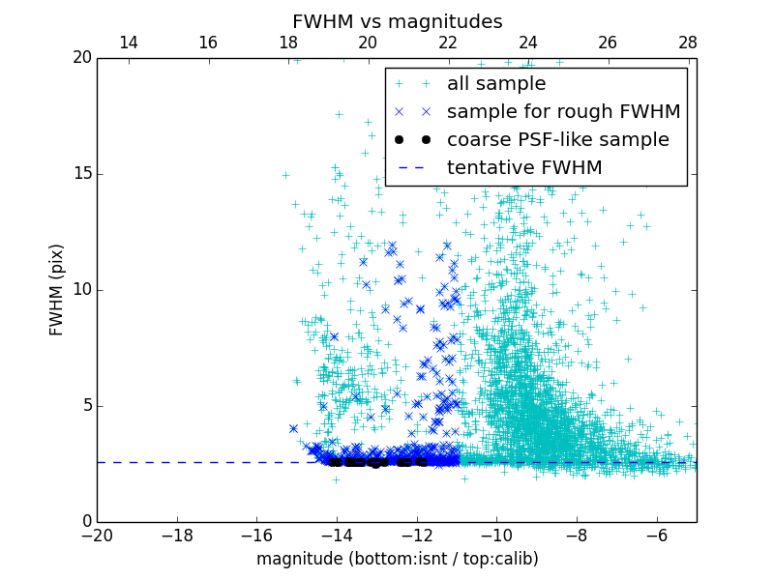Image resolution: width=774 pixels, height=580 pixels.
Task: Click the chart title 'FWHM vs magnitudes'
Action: click(x=397, y=21)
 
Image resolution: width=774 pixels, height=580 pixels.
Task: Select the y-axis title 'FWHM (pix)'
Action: click(x=57, y=289)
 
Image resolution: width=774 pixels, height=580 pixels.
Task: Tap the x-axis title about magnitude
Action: click(x=397, y=559)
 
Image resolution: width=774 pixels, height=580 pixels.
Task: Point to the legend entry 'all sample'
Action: click(x=496, y=84)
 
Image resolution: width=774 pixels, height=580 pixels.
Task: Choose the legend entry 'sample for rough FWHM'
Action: click(x=563, y=112)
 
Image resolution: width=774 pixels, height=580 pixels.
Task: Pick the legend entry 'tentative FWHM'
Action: click(x=524, y=168)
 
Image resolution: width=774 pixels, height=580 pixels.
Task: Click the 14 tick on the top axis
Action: click(x=128, y=43)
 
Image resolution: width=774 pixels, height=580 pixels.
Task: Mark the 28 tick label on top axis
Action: click(x=688, y=43)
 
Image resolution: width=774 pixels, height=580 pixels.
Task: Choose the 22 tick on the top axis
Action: click(x=448, y=43)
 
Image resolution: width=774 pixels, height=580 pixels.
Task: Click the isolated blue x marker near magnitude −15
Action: click(x=293, y=428)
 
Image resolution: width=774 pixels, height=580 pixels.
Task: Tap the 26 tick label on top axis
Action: click(x=608, y=43)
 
